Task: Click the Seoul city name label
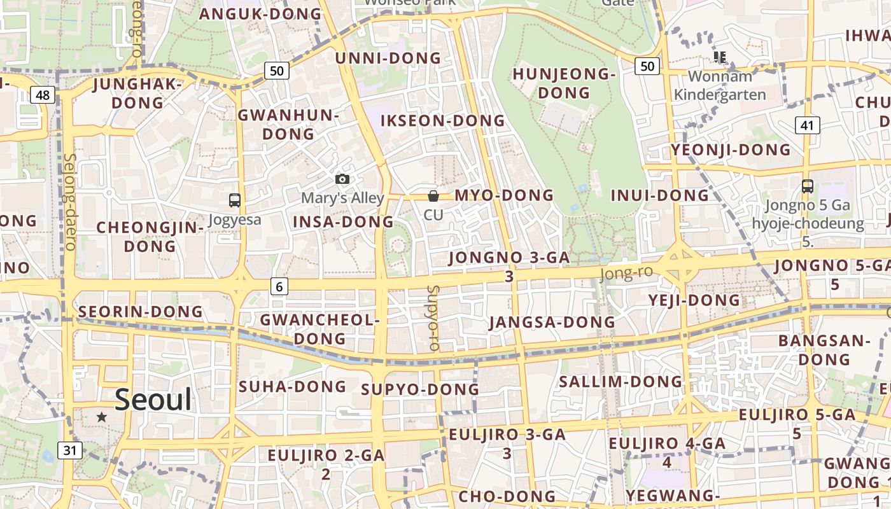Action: (153, 400)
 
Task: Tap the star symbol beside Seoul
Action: (102, 417)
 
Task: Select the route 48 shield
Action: (43, 95)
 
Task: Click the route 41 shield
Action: (807, 125)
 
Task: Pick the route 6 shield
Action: (279, 286)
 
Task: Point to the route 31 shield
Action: (70, 450)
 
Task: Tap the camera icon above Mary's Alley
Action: (342, 179)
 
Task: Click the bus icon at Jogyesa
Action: (235, 200)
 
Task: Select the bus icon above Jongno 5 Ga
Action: (808, 186)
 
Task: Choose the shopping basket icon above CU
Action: (433, 196)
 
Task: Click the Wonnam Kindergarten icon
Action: (720, 58)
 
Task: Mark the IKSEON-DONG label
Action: (442, 121)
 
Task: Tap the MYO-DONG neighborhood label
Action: (504, 195)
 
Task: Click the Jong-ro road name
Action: (626, 274)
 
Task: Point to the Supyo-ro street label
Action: (433, 317)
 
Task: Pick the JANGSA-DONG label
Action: (552, 323)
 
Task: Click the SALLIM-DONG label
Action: (620, 382)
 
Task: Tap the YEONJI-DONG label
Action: (730, 150)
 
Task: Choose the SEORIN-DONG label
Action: (140, 312)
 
